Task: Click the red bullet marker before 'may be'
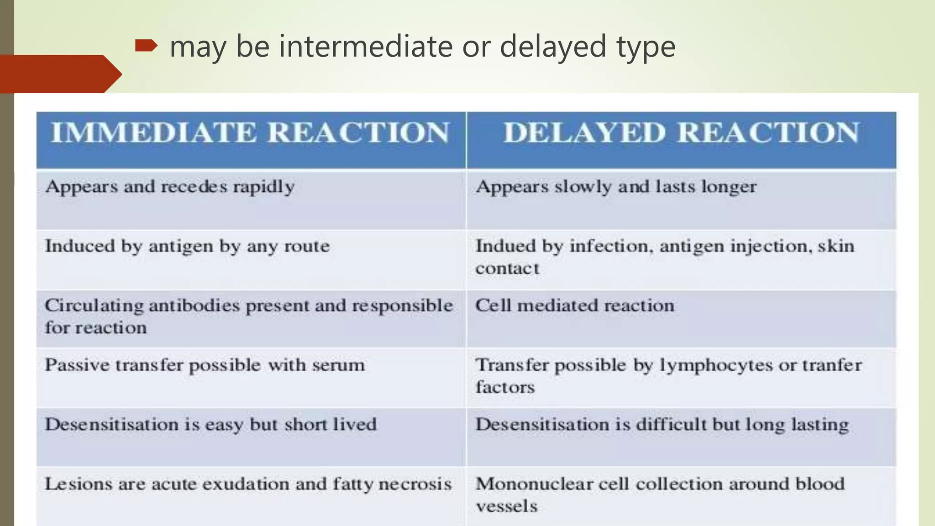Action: [146, 46]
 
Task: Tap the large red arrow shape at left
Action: [59, 74]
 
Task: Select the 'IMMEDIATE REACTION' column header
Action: [250, 133]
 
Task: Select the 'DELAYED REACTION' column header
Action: [681, 133]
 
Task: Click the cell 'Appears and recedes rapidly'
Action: [170, 187]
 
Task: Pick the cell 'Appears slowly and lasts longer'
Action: [616, 187]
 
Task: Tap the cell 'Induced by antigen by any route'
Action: [187, 247]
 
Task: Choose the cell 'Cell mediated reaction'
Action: [575, 306]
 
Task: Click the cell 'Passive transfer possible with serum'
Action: [205, 365]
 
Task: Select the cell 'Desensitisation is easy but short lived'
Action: [210, 425]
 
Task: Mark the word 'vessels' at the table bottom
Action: [506, 506]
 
